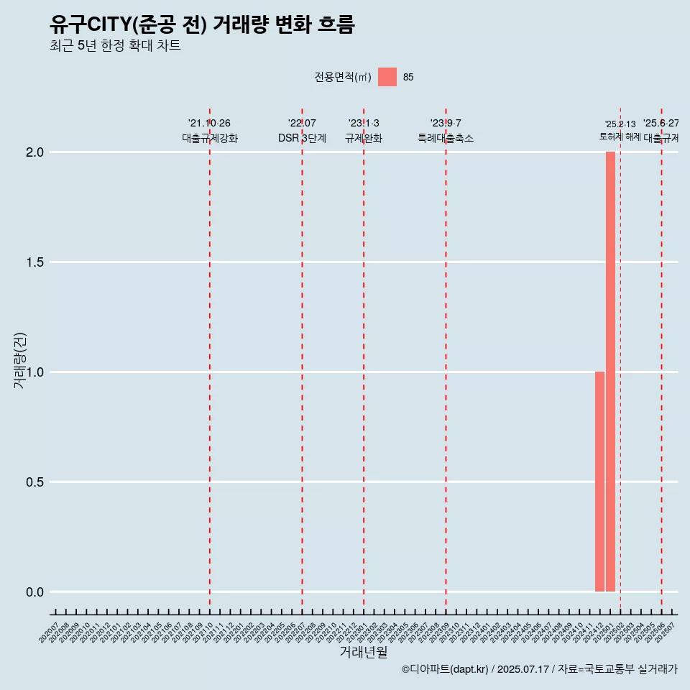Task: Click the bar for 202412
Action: pyautogui.click(x=599, y=482)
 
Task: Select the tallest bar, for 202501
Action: pyautogui.click(x=610, y=372)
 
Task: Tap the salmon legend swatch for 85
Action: pyautogui.click(x=387, y=77)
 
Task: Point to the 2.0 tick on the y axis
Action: pyautogui.click(x=35, y=152)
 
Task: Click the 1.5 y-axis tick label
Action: pyautogui.click(x=35, y=262)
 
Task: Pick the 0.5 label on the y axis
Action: pyautogui.click(x=35, y=482)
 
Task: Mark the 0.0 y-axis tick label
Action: pyautogui.click(x=35, y=592)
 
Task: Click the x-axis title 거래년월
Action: pyautogui.click(x=364, y=653)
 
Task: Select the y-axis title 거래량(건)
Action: pyautogui.click(x=20, y=360)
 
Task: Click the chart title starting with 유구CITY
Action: pyautogui.click(x=202, y=25)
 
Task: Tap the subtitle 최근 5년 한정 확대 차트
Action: pyautogui.click(x=115, y=46)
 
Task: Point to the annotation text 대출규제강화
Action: pyautogui.click(x=210, y=138)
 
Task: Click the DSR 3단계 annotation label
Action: pyautogui.click(x=302, y=138)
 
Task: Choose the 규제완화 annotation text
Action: pyautogui.click(x=364, y=138)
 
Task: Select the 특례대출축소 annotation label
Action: pyautogui.click(x=446, y=138)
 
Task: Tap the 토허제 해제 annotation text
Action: pyautogui.click(x=620, y=137)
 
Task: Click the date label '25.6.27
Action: pyautogui.click(x=661, y=124)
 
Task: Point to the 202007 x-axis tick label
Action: pyautogui.click(x=50, y=633)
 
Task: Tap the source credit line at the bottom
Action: pyautogui.click(x=539, y=669)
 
